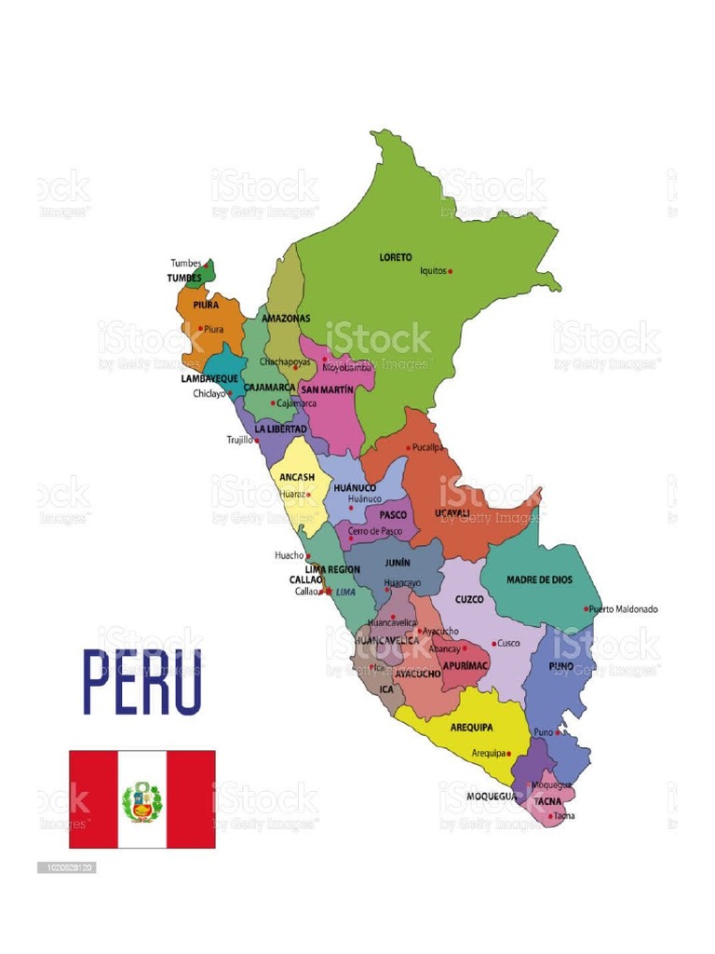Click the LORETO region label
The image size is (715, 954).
pos(395,257)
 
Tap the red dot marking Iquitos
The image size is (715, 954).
pos(451,271)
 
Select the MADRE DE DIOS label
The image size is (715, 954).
pos(539,579)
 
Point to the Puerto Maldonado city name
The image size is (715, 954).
pos(625,609)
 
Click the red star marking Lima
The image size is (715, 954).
pos(328,591)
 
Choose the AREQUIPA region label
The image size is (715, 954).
pos(471,727)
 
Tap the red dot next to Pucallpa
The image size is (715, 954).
pos(408,448)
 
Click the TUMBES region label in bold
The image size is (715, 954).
pos(184,278)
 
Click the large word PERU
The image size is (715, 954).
pos(142,682)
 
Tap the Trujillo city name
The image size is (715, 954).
pos(239,440)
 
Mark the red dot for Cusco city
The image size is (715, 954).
pos(493,644)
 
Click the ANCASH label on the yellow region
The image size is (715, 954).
pos(297,477)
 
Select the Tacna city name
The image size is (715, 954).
pos(564,816)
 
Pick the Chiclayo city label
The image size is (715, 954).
pos(209,393)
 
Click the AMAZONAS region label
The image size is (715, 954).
pos(286,318)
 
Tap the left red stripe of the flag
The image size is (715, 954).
pos(93,799)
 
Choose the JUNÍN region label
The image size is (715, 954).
pos(398,563)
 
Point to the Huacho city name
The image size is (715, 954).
pos(289,555)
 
